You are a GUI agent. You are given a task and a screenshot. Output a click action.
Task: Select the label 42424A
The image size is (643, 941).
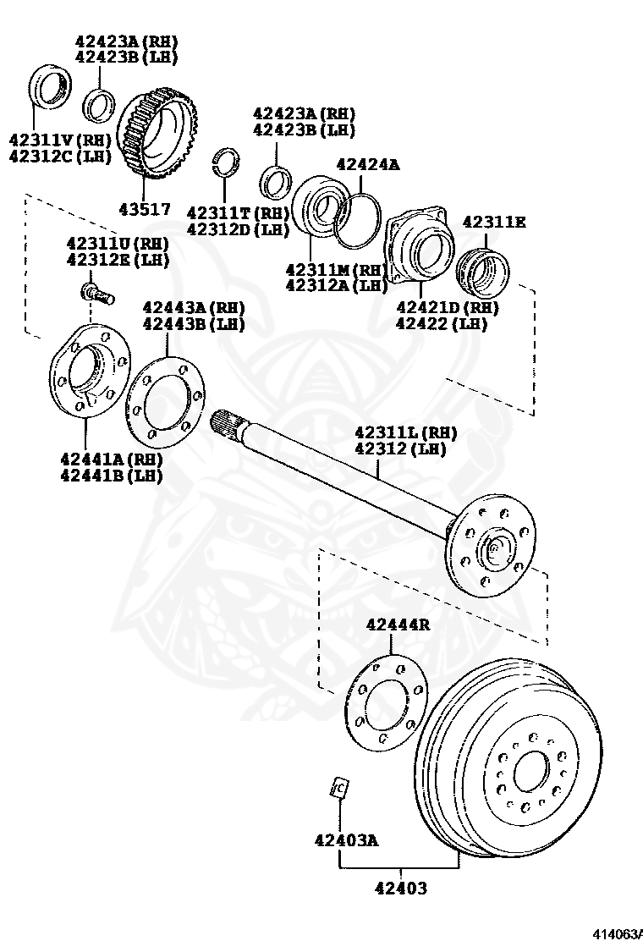[367, 165]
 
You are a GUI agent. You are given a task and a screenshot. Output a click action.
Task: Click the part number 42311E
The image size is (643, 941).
[494, 223]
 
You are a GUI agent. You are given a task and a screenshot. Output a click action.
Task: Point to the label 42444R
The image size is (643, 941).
[398, 625]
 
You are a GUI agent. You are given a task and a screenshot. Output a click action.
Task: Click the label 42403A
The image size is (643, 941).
[345, 840]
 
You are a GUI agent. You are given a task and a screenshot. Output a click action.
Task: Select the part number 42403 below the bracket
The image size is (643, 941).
[401, 889]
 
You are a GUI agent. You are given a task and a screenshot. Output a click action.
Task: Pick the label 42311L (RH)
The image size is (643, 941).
[405, 432]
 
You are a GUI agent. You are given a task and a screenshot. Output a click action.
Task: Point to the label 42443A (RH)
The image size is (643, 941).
[194, 307]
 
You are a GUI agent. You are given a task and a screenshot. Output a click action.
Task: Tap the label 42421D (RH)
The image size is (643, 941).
[447, 306]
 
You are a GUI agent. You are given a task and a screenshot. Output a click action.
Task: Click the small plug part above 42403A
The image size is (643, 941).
[338, 788]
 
